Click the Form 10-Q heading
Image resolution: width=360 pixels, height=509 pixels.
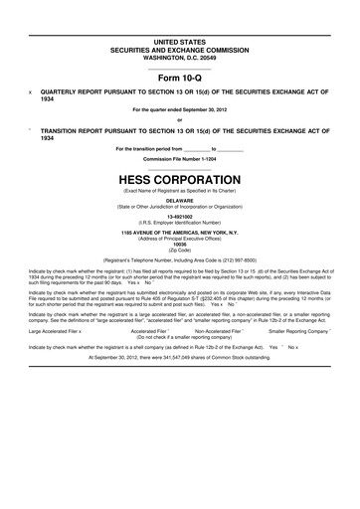coord(180,76)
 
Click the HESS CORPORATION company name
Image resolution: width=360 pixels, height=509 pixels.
coord(180,170)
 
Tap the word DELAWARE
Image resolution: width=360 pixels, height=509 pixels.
coord(180,199)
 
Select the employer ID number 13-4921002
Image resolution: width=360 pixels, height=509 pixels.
coord(180,216)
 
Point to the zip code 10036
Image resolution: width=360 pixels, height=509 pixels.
coord(180,245)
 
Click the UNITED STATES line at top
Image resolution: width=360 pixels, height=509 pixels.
coord(180,38)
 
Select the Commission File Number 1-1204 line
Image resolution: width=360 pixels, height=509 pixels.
coord(180,157)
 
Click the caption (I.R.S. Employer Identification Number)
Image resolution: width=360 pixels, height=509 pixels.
coord(180,222)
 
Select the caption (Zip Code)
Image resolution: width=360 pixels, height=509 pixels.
coord(180,251)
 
